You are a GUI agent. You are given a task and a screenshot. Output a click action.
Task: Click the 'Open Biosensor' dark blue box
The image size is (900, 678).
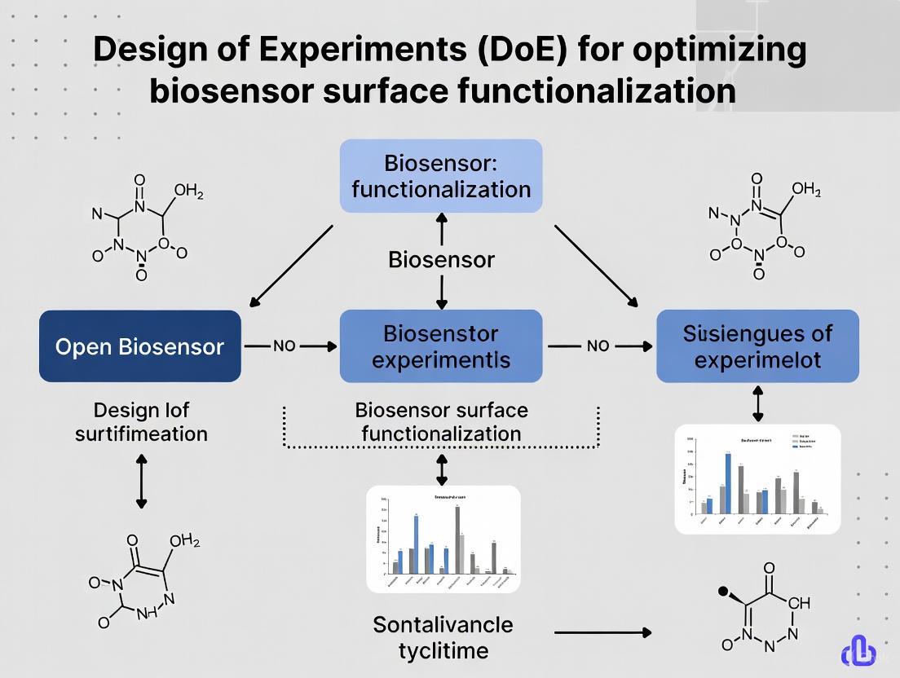[139, 346]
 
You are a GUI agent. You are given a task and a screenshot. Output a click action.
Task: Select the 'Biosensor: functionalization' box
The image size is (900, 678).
[441, 176]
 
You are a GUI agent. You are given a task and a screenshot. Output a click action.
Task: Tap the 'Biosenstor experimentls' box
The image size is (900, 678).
[441, 346]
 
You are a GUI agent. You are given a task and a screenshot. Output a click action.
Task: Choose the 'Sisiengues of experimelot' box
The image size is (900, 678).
[757, 346]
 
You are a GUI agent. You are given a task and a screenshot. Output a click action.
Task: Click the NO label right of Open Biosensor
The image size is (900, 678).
[284, 346]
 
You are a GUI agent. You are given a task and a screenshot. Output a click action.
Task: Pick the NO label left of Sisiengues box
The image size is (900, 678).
[598, 346]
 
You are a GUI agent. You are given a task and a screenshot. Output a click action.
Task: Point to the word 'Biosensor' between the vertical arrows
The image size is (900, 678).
[441, 260]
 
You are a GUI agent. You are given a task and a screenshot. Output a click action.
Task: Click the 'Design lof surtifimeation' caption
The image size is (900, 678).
[141, 421]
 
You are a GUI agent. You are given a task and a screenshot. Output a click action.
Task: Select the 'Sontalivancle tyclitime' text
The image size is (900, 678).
[443, 637]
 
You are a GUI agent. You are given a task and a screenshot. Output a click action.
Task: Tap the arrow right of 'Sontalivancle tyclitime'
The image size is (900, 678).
[602, 632]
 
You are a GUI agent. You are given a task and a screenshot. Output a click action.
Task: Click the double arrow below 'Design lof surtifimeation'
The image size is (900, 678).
[141, 482]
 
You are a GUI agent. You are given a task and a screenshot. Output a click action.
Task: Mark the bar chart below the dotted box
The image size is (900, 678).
[443, 539]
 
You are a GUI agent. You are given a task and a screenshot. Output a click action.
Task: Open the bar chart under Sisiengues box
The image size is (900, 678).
[757, 478]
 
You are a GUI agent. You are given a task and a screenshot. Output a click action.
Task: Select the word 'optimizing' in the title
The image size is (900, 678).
[717, 51]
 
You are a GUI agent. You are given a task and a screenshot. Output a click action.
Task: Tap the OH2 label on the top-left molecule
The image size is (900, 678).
[188, 192]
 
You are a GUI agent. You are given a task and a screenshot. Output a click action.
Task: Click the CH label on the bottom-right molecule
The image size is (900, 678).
[799, 603]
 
